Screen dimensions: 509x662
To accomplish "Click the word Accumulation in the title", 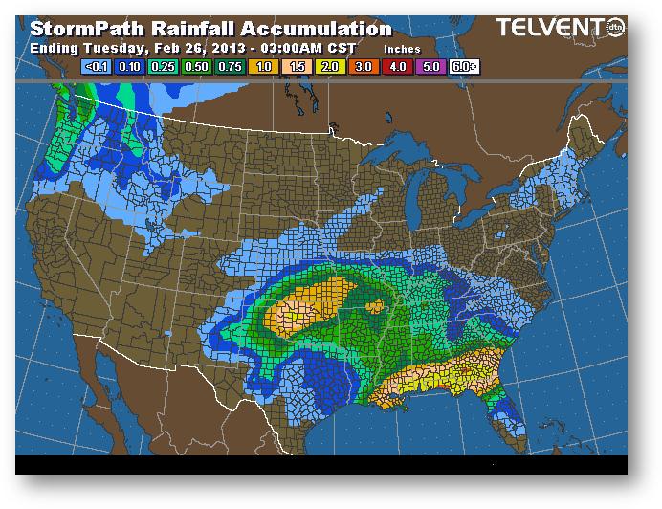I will click(x=304, y=30).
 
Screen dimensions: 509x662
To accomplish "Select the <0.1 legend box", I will click(x=95, y=67).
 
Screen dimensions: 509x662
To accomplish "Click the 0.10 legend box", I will click(x=128, y=67).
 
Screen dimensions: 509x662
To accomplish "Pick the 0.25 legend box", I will click(x=162, y=67).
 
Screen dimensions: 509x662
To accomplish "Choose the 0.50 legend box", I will click(x=195, y=67).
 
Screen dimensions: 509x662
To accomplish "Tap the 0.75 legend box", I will click(x=229, y=67).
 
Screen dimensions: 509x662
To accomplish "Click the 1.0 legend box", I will click(x=262, y=67).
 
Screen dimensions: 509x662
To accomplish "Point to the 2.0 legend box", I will click(x=329, y=67).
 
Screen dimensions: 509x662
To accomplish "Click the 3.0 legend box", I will click(x=363, y=67).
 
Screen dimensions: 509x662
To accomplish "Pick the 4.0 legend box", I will click(x=396, y=67).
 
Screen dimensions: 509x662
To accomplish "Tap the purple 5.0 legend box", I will click(x=430, y=67).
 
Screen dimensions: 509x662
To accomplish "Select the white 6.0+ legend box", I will click(x=464, y=67).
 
